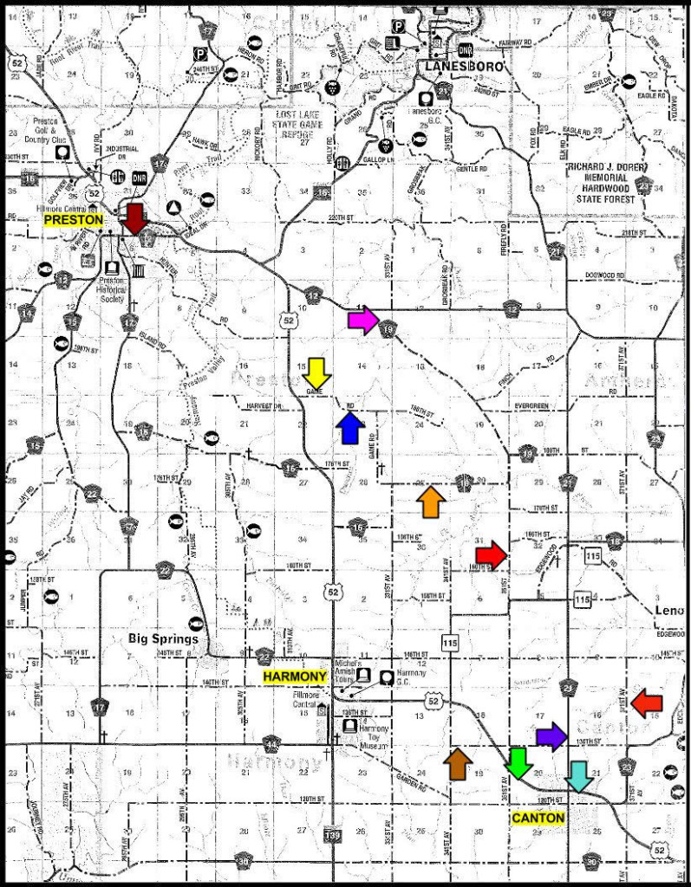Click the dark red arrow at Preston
(x=134, y=217)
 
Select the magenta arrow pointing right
(x=362, y=320)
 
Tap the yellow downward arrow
(x=316, y=372)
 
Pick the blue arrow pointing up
(x=349, y=428)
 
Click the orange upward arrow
(x=430, y=502)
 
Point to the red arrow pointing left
(x=647, y=702)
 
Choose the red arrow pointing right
(x=491, y=554)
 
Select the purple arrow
(x=551, y=736)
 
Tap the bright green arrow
(x=518, y=761)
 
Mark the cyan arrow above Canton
(x=579, y=776)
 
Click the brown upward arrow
(x=457, y=763)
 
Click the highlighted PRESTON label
(x=74, y=221)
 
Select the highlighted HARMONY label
(x=296, y=677)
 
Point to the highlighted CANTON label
(x=538, y=819)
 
